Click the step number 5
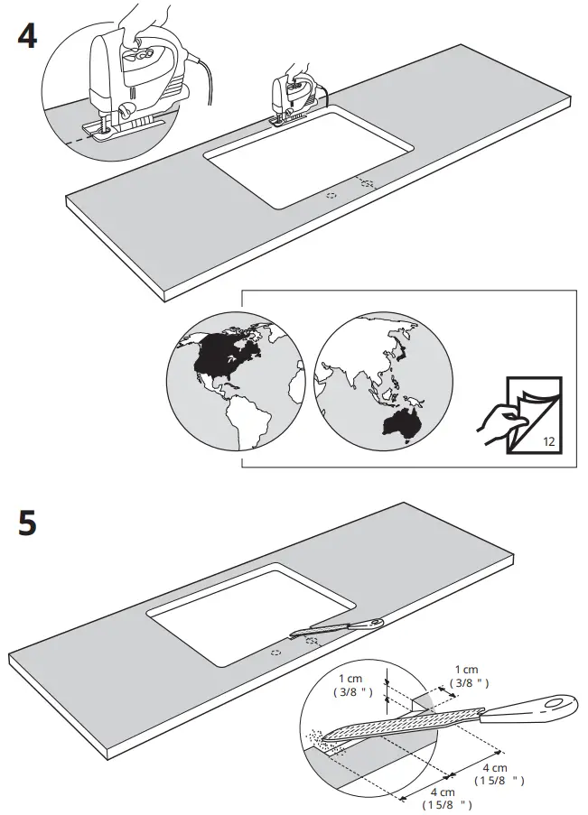[27, 523]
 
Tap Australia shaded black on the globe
[401, 422]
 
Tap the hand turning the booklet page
[497, 419]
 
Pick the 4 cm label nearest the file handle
[499, 773]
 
